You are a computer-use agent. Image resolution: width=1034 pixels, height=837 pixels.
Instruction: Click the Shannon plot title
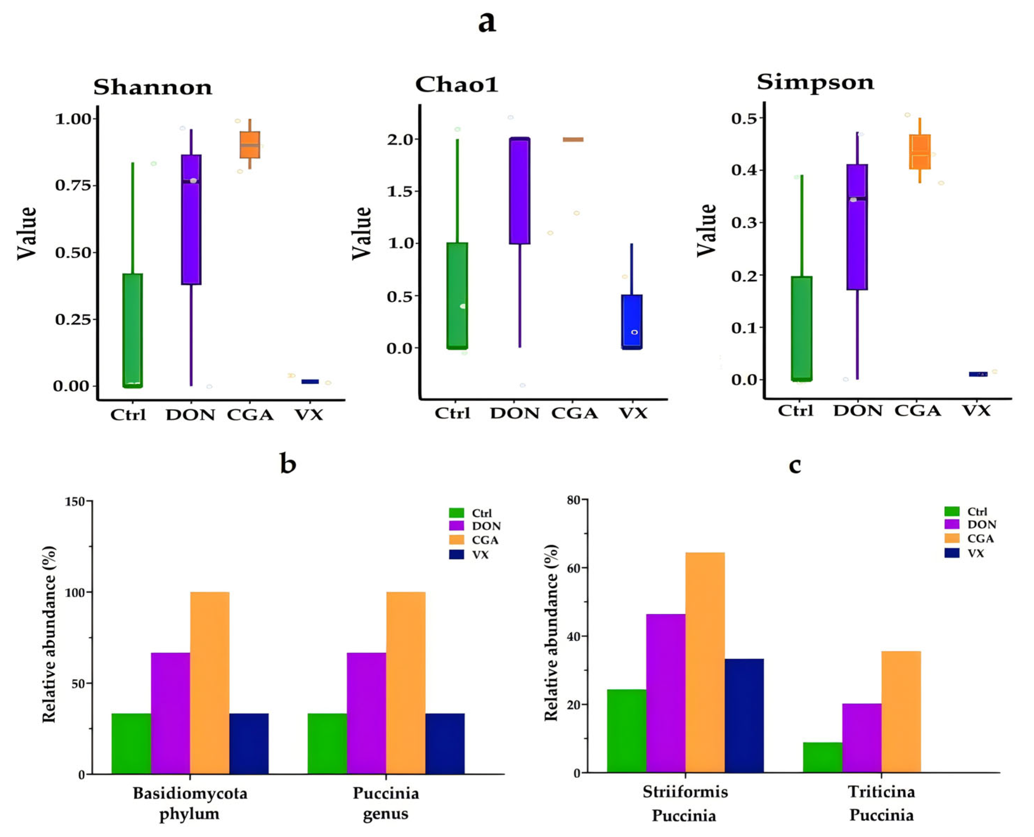pyautogui.click(x=152, y=87)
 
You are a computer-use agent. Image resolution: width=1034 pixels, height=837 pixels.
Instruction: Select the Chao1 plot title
pyautogui.click(x=456, y=85)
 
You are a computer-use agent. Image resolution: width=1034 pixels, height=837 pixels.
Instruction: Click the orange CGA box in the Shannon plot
pyautogui.click(x=250, y=145)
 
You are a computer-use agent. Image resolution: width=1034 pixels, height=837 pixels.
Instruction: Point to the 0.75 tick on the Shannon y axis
pyautogui.click(x=73, y=185)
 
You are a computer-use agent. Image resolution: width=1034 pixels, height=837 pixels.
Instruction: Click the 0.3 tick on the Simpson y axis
pyautogui.click(x=745, y=223)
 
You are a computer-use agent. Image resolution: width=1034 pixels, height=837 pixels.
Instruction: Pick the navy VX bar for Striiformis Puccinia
pyautogui.click(x=744, y=715)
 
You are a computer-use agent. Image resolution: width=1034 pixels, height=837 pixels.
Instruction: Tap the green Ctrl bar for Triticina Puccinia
pyautogui.click(x=822, y=758)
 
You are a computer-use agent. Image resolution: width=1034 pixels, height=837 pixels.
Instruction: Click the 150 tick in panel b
pyautogui.click(x=75, y=502)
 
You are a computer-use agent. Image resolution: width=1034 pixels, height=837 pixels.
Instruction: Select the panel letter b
pyautogui.click(x=288, y=464)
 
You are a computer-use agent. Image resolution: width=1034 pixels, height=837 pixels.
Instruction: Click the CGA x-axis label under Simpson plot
pyautogui.click(x=917, y=411)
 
